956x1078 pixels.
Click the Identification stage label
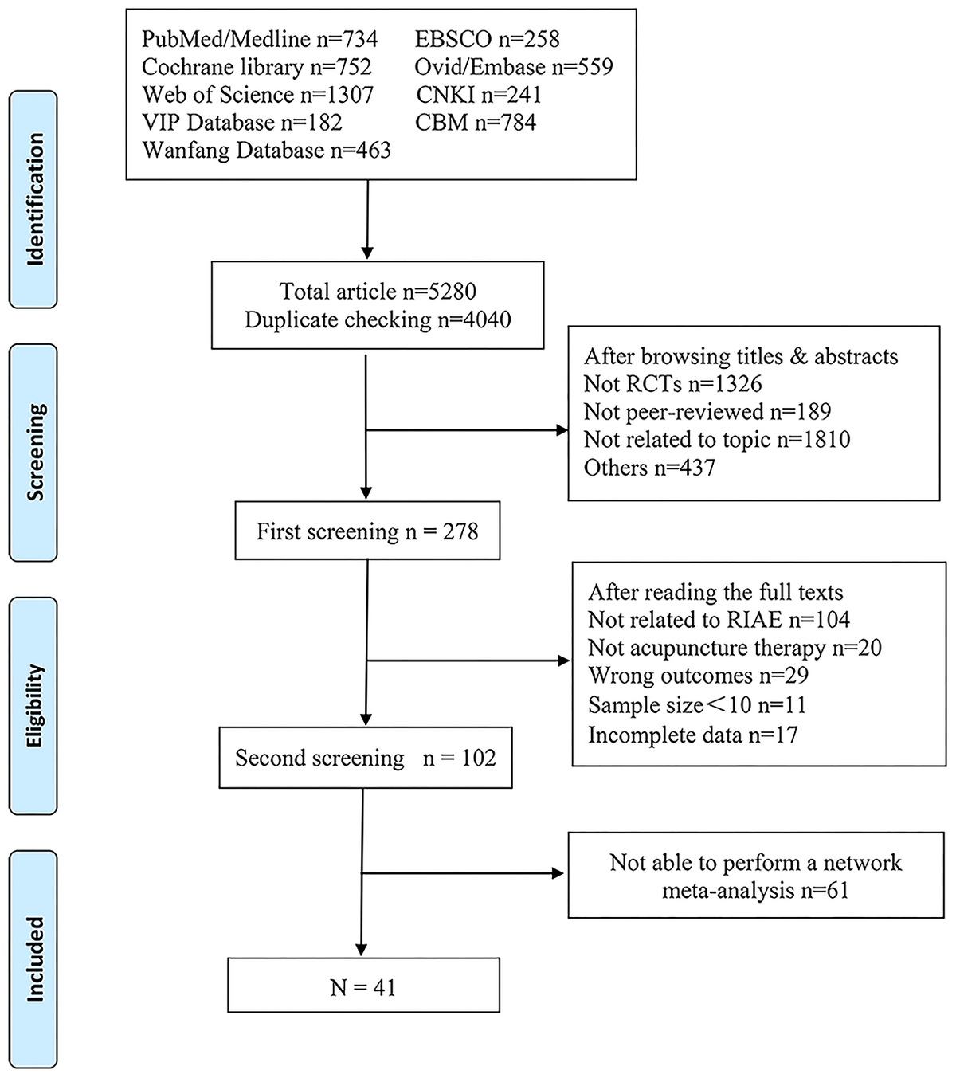33,199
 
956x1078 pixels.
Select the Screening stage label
33,453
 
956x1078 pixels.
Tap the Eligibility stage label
33,706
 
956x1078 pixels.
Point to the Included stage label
33,958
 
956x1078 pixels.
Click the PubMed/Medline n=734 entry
260,39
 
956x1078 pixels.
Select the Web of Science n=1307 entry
257,95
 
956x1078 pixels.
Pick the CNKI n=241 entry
478,95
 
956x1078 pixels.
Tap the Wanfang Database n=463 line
266,151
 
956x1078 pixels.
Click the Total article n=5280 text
378,292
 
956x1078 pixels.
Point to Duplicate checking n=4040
378,320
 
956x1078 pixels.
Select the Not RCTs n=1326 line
672,384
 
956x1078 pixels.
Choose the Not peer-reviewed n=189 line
707,412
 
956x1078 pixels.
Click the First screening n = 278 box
367,531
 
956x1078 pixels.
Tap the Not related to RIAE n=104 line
719,620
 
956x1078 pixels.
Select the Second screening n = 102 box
366,758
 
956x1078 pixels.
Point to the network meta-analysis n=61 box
755,876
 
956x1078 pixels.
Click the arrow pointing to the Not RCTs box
466,431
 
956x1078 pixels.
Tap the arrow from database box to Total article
367,219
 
